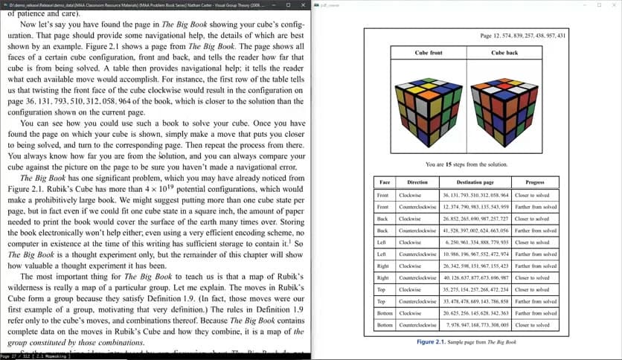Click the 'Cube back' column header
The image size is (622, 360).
coord(504,54)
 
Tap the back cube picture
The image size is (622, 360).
coord(504,104)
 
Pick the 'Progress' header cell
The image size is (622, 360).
coord(534,182)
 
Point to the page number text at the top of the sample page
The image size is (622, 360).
coord(523,36)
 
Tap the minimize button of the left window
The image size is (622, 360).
coord(258,4)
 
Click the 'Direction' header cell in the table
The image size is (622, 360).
coord(417,182)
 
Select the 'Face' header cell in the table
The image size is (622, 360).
coord(384,182)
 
